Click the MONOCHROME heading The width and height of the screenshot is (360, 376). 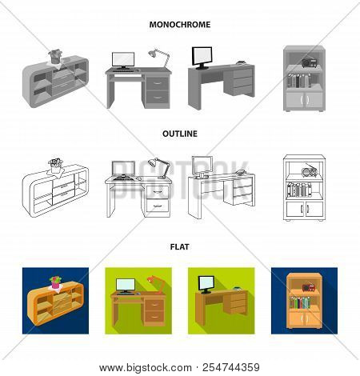180,25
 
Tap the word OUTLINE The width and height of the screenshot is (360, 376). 180,134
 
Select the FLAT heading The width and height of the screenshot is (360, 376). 180,246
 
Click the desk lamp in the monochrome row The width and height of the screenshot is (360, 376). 159,58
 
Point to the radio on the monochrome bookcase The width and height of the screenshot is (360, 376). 309,63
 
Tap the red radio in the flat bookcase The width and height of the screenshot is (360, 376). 309,287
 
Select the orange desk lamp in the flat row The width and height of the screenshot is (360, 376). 155,285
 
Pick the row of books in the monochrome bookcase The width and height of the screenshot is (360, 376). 299,81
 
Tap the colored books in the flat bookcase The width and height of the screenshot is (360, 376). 300,302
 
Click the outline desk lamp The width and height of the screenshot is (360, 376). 159,168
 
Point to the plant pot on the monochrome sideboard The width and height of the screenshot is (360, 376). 55,57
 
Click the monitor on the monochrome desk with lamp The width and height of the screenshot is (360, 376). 123,61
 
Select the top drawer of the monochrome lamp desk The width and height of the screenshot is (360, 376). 158,83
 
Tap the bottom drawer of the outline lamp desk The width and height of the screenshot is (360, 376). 158,206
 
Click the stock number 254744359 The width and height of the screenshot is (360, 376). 231,367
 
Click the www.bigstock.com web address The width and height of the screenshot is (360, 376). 146,368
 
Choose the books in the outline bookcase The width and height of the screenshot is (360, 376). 299,190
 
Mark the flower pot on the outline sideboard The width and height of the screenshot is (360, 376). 55,166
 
